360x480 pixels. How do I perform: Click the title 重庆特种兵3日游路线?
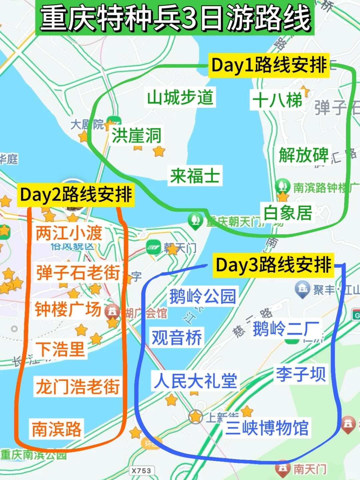coord(175,18)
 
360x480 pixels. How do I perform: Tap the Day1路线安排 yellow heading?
coord(269,65)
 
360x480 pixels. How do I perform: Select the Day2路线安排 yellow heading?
coord(76,195)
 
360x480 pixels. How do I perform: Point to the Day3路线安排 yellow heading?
coord(273,265)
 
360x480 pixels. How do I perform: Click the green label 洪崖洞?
coord(136,135)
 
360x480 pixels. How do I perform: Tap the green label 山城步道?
coord(180,97)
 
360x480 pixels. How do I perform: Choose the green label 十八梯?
coord(277,100)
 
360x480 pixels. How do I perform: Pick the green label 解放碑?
coord(304,155)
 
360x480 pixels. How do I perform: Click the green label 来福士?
coord(195,176)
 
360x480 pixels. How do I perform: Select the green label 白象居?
coord(288,213)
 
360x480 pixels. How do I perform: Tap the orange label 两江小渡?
coord(69,233)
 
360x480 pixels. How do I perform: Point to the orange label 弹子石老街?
coord(78,272)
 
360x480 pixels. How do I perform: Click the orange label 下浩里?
coord(60,349)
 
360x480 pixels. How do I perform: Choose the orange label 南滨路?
coord(56,429)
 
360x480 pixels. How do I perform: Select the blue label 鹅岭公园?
coord(203,296)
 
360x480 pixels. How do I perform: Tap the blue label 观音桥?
coord(177,338)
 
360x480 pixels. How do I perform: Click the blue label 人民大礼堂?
coord(195,380)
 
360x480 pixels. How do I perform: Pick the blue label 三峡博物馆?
coord(267,428)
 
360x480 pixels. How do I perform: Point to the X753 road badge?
coord(141,471)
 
